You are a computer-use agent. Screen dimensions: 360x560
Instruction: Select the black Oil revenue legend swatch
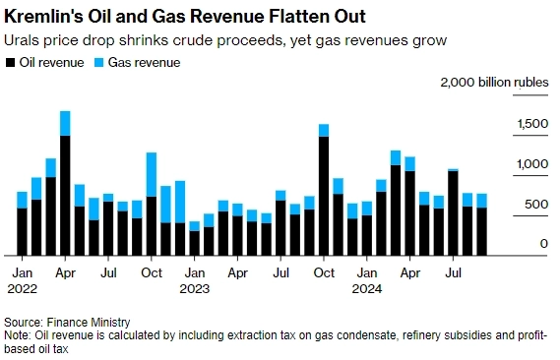(10, 62)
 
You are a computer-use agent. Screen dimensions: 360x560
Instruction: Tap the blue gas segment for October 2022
(151, 174)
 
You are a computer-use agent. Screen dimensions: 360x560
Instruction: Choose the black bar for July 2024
(453, 212)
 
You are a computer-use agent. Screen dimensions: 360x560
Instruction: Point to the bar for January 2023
(194, 242)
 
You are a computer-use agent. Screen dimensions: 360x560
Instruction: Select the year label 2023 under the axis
(195, 289)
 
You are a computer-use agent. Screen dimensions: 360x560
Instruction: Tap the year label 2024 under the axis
(367, 289)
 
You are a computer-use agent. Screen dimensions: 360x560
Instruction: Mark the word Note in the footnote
(17, 334)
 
